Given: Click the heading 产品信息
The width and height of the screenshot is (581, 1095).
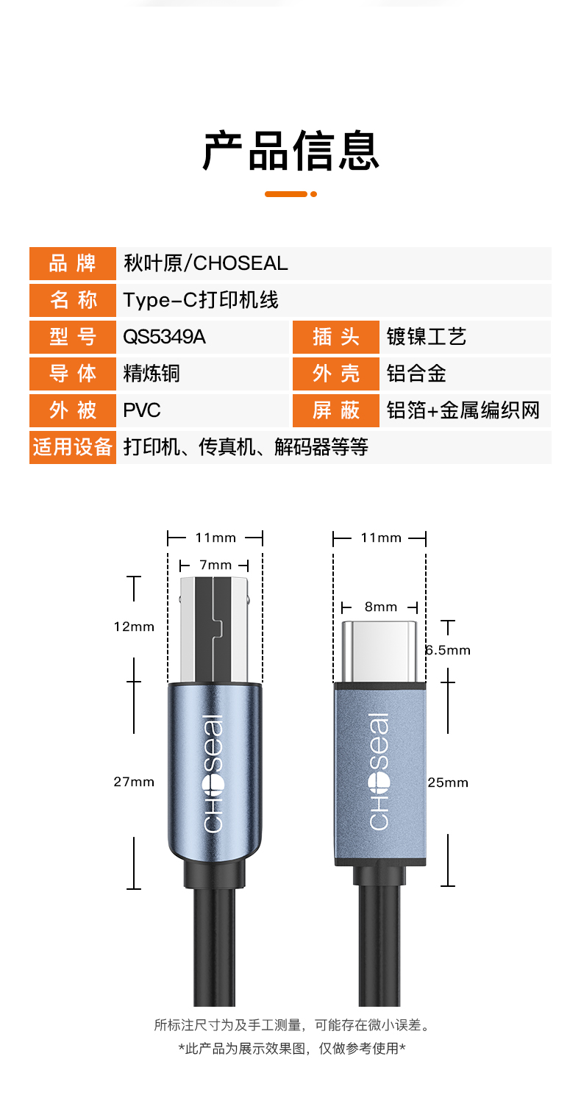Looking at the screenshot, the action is click(x=291, y=151).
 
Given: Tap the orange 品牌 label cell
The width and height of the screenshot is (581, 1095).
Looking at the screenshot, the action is click(x=72, y=263).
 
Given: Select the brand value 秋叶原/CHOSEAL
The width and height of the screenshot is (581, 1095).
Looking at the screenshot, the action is click(x=205, y=263).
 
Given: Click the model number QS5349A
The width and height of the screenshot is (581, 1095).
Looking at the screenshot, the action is click(x=164, y=337).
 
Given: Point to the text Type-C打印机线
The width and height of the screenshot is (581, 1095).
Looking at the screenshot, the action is click(x=201, y=300).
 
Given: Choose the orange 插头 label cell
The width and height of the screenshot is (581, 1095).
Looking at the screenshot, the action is click(x=336, y=337).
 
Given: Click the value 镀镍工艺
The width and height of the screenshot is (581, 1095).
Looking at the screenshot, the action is click(x=427, y=337).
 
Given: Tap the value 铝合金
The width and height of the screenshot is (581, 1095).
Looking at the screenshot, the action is click(x=416, y=374).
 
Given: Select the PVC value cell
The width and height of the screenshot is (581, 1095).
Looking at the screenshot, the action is click(x=202, y=410).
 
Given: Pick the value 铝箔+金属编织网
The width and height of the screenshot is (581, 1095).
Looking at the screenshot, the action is click(x=463, y=410).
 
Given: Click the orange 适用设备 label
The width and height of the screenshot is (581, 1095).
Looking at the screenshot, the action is click(x=72, y=447).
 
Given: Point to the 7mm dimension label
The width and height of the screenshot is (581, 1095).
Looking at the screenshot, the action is click(x=215, y=565).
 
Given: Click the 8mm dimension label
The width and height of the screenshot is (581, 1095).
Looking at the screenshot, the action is click(x=381, y=607).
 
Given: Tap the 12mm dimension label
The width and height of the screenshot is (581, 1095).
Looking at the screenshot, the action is click(x=134, y=627).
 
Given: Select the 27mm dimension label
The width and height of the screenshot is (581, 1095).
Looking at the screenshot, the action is click(x=134, y=782).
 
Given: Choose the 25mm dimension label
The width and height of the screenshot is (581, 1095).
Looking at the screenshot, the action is click(x=448, y=782).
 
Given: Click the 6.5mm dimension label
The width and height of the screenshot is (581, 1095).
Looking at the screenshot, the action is click(x=447, y=650).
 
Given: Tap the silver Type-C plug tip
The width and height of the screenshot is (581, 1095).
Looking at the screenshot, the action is click(x=379, y=652).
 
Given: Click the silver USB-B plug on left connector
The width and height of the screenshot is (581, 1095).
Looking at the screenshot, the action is click(x=215, y=629).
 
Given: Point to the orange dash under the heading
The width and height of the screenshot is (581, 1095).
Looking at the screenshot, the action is click(x=286, y=194).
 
